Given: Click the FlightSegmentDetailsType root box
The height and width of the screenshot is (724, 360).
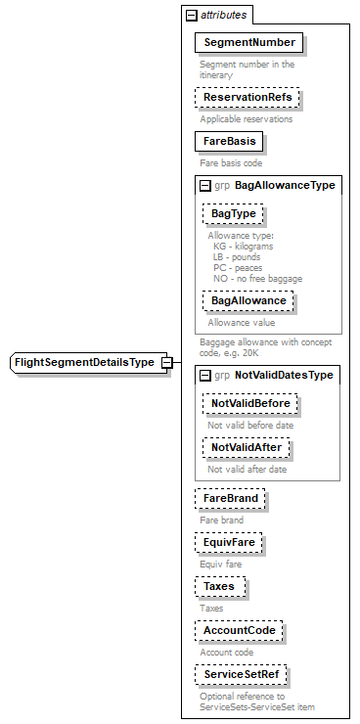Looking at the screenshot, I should pyautogui.click(x=84, y=363).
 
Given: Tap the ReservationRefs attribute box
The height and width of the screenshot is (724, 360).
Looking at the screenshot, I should pyautogui.click(x=247, y=98).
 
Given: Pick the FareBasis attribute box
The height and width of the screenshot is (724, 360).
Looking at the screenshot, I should pyautogui.click(x=229, y=142).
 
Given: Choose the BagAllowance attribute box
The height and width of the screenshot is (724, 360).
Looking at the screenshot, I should pyautogui.click(x=247, y=301).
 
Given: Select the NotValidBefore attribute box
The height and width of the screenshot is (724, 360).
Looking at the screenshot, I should pyautogui.click(x=249, y=403).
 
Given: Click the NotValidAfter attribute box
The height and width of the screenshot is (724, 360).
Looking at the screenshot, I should pyautogui.click(x=247, y=448).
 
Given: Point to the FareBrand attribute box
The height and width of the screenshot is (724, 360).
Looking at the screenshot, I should pyautogui.click(x=230, y=499).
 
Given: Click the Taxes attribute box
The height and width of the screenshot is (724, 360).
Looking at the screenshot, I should pyautogui.click(x=219, y=587).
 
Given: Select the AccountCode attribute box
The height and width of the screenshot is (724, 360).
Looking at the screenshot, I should pyautogui.click(x=239, y=631).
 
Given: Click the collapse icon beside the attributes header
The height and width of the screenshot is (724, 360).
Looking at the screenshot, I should pyautogui.click(x=191, y=16).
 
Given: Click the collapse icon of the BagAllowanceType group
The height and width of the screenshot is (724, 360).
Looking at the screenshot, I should pyautogui.click(x=205, y=185).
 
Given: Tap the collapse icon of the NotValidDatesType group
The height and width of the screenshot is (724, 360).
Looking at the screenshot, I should pyautogui.click(x=205, y=375).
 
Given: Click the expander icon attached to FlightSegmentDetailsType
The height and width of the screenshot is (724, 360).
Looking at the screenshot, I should pyautogui.click(x=167, y=363).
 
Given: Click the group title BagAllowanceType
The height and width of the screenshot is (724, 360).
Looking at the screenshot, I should pyautogui.click(x=285, y=185).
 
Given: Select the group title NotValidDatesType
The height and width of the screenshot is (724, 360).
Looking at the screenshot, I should pyautogui.click(x=285, y=375).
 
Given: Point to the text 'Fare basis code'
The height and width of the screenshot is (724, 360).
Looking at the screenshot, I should pyautogui.click(x=231, y=162).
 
